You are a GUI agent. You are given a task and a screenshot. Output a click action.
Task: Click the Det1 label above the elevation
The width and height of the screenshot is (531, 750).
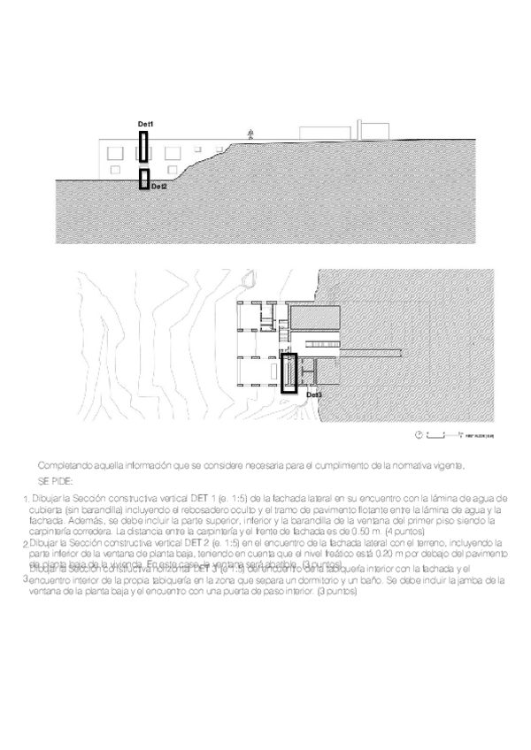coord(145,123)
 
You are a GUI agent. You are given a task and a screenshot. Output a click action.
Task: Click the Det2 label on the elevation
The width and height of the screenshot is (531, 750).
coord(159,187)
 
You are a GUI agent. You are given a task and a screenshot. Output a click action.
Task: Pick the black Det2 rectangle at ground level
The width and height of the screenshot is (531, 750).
coord(144,179)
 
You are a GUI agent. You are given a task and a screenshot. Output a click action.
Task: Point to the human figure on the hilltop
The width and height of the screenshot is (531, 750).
coord(251,134)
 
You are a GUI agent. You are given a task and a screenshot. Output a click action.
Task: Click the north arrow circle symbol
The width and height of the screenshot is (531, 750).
coord(418,435)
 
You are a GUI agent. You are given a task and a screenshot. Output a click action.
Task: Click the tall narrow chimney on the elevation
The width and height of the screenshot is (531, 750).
coord(358,127)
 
